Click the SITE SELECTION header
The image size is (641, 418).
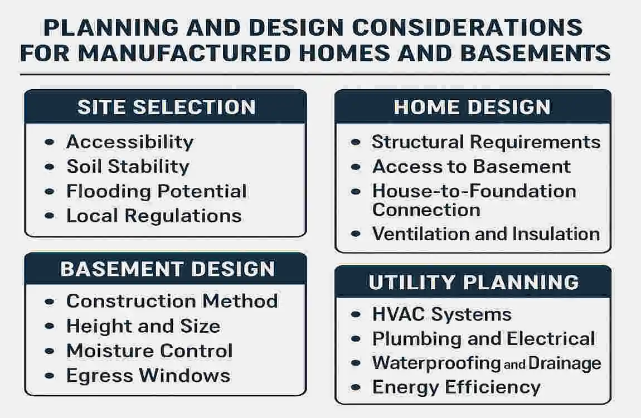point(166,107)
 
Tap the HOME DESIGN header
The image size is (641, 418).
point(472,107)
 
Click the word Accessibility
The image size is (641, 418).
point(130,142)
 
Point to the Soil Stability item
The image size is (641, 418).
point(128,167)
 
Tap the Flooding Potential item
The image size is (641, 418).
point(157,191)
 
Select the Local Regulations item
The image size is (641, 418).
point(154,216)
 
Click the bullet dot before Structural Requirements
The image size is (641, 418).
point(356,143)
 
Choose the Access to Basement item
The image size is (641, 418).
point(472,167)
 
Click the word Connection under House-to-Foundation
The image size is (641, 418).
point(426,210)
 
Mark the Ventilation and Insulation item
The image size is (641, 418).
point(485,234)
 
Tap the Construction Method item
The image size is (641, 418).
point(172,302)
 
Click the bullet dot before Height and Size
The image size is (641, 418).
point(50,327)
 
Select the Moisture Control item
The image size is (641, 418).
point(149,351)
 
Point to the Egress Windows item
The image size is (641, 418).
point(148,376)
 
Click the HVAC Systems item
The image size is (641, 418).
point(441,314)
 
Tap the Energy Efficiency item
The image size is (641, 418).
point(456,387)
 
